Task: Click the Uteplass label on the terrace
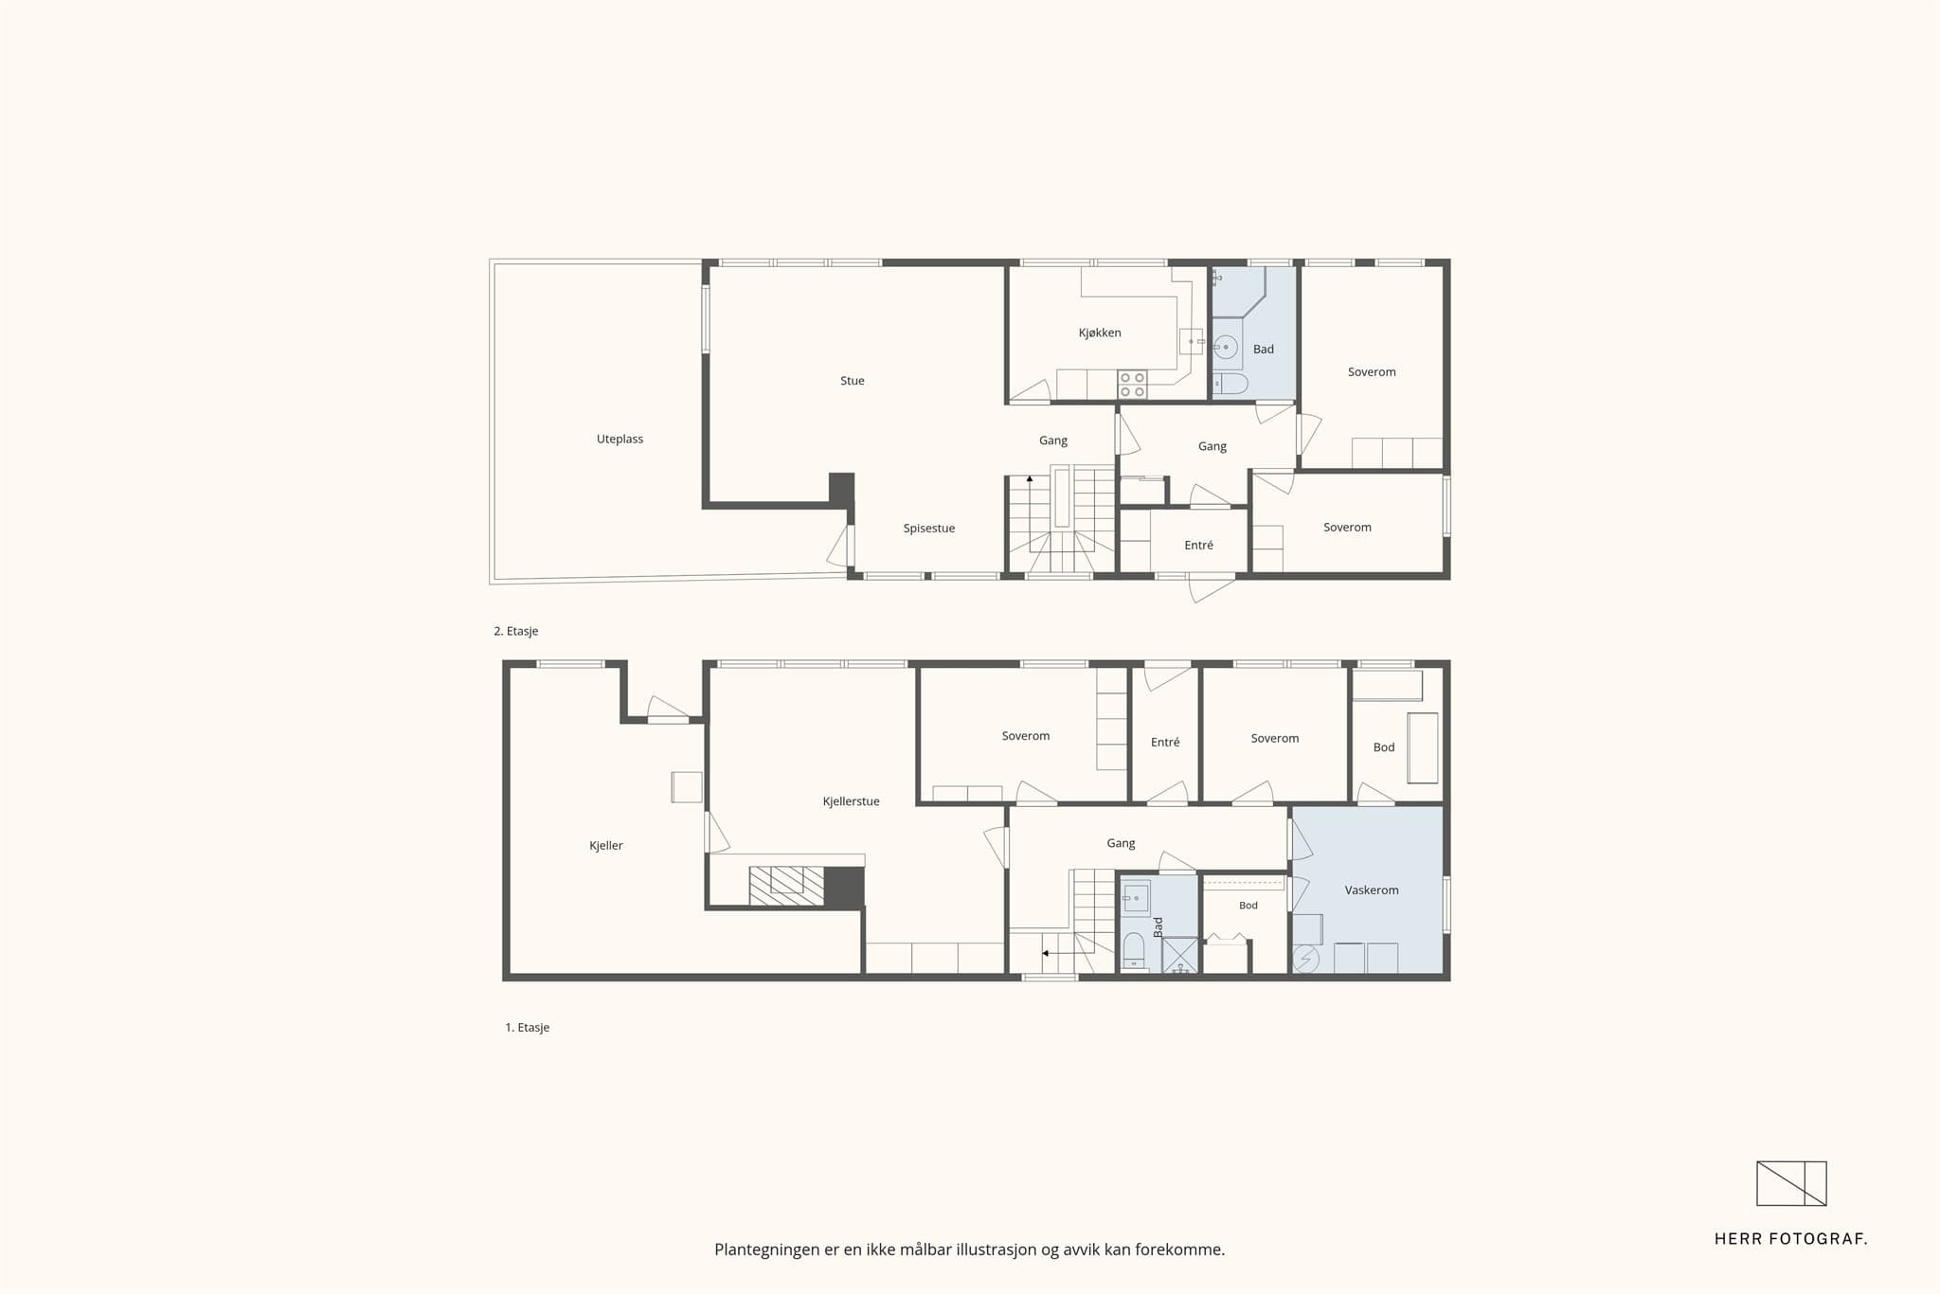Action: pos(620,440)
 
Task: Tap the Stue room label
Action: pos(852,381)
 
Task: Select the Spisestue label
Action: pos(928,529)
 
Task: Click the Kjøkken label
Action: pos(1099,332)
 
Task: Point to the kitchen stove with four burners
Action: pos(1132,384)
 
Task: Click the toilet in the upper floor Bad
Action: pos(1230,384)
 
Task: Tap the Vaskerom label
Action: pos(1371,890)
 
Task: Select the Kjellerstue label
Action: pos(851,801)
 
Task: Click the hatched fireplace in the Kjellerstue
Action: pos(786,886)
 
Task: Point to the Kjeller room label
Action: pos(605,846)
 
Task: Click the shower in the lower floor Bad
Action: pos(1180,955)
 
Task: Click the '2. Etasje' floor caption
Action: pos(515,631)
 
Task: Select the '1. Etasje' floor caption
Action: pos(527,1027)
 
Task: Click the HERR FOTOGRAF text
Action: pos(1790,1238)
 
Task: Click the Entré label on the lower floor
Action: pos(1165,743)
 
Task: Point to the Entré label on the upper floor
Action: pos(1198,546)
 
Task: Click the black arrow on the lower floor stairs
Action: pos(1045,953)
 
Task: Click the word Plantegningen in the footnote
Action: pos(766,1250)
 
